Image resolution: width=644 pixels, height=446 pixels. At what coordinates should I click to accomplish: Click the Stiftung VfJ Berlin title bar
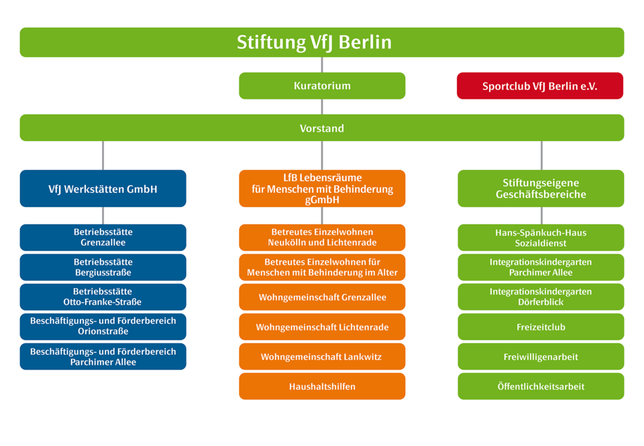tap(322, 42)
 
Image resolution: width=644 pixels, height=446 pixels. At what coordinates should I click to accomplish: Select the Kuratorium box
tap(322, 86)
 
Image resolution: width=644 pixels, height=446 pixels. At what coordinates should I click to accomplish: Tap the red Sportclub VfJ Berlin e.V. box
tap(540, 86)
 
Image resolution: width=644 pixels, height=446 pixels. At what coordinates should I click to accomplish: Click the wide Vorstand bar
tap(322, 128)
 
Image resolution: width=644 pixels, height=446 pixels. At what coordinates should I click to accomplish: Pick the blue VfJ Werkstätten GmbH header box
tap(103, 189)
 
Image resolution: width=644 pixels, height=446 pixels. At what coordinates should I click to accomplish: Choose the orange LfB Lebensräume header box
tap(322, 189)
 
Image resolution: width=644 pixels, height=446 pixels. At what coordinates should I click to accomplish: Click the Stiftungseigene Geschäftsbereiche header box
tap(541, 189)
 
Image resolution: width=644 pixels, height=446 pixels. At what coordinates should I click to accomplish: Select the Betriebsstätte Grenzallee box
tap(103, 238)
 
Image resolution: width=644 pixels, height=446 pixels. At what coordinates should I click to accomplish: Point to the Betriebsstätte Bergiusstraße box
tap(103, 267)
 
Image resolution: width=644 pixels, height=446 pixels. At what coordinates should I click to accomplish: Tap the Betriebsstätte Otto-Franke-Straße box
tap(103, 297)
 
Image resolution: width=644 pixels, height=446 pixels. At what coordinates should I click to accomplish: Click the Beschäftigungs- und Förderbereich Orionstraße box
tap(103, 326)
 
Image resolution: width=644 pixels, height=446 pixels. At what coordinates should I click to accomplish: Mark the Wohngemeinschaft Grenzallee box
tap(322, 297)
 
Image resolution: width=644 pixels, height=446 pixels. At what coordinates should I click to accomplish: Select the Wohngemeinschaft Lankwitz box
tap(322, 357)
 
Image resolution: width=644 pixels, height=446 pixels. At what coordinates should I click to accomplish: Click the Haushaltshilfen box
tap(322, 386)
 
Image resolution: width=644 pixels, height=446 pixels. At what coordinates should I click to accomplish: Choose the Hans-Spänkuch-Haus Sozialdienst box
tap(541, 238)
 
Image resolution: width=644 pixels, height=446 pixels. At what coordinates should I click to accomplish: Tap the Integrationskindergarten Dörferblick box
tap(541, 297)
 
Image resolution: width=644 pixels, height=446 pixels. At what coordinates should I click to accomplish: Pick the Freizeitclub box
tap(541, 327)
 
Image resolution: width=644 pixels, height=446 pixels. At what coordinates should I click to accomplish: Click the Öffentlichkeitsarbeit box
tap(541, 386)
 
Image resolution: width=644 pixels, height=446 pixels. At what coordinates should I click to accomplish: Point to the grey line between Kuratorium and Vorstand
tap(322, 107)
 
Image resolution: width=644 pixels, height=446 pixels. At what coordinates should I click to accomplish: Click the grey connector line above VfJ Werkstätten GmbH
tap(103, 155)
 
